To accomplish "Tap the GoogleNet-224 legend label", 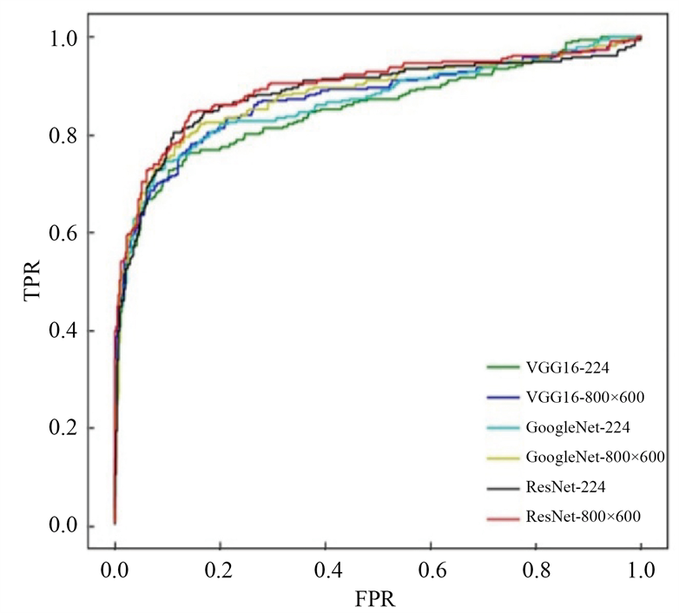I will point(577,427).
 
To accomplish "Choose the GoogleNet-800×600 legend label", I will point(595,457).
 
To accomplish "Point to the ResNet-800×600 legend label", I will point(583,517).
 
